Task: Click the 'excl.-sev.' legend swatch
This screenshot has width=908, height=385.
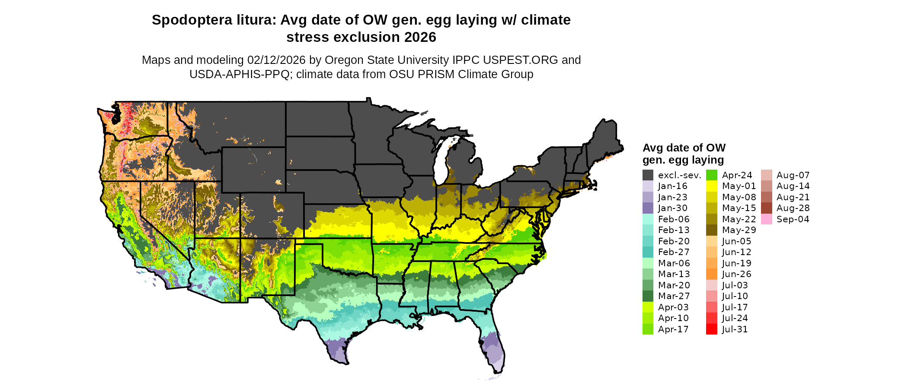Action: (648, 175)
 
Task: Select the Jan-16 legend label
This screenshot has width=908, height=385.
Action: (672, 186)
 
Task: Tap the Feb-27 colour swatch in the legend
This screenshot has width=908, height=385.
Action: (648, 252)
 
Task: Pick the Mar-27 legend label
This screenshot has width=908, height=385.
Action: (674, 296)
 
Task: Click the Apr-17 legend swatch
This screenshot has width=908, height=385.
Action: (648, 329)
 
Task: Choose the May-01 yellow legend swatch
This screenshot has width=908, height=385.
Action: (711, 186)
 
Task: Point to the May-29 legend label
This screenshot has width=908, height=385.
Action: (739, 230)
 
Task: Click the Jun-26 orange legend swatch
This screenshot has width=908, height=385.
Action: (711, 274)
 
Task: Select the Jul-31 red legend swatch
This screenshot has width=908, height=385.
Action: (711, 329)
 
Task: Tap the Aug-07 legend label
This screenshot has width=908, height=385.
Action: (793, 175)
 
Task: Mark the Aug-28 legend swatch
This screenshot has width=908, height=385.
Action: (766, 208)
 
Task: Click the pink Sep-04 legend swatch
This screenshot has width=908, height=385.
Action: (766, 219)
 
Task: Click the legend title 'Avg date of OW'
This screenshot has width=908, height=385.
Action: (684, 148)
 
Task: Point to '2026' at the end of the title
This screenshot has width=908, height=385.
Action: (420, 37)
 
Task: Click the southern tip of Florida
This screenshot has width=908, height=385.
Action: (496, 370)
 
